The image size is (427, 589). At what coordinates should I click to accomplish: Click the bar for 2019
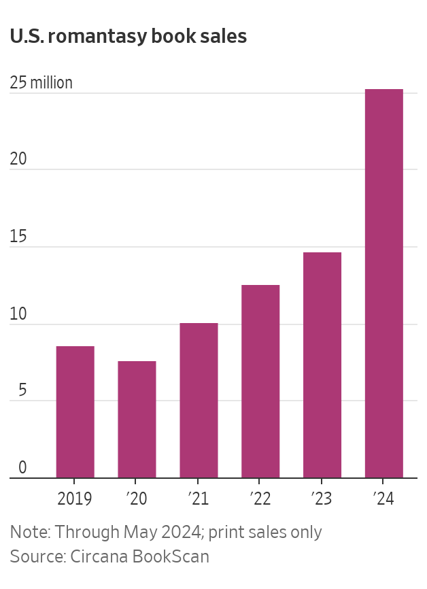75,412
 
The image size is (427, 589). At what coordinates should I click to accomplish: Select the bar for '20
137,420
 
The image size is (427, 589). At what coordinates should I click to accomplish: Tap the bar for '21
199,401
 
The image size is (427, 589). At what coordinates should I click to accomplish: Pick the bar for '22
260,382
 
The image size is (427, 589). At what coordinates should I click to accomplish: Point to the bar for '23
322,365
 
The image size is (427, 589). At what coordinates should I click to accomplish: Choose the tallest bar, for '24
384,284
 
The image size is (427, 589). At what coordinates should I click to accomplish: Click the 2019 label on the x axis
75,499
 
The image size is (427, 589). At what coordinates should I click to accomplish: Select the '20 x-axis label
137,499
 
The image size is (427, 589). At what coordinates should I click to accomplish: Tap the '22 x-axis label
260,499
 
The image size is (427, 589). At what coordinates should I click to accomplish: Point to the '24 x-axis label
384,499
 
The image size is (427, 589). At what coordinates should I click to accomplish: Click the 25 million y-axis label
41,83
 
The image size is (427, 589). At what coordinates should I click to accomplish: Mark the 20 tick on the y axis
18,159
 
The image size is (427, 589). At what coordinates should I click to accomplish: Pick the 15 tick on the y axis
18,237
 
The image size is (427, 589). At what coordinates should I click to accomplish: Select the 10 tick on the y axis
18,314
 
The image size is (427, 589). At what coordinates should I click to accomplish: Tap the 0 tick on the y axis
22,468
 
